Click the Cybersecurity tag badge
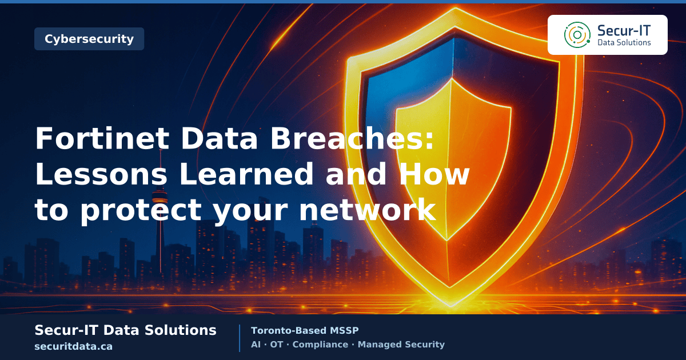pyautogui.click(x=89, y=39)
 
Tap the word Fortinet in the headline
pyautogui.click(x=102, y=138)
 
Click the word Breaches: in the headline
pyautogui.click(x=352, y=138)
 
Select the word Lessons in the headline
pyautogui.click(x=101, y=174)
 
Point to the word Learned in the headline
pyautogui.click(x=246, y=174)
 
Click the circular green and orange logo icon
pyautogui.click(x=577, y=35)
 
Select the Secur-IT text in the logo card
pyautogui.click(x=624, y=31)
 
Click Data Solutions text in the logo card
pyautogui.click(x=624, y=42)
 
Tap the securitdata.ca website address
pyautogui.click(x=74, y=346)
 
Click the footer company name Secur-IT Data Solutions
pyautogui.click(x=126, y=330)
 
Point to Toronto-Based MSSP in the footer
pyautogui.click(x=305, y=331)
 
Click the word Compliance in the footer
pyautogui.click(x=320, y=345)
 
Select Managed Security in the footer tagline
pyautogui.click(x=401, y=345)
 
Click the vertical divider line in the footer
pyautogui.click(x=240, y=338)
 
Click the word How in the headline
pyautogui.click(x=434, y=174)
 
